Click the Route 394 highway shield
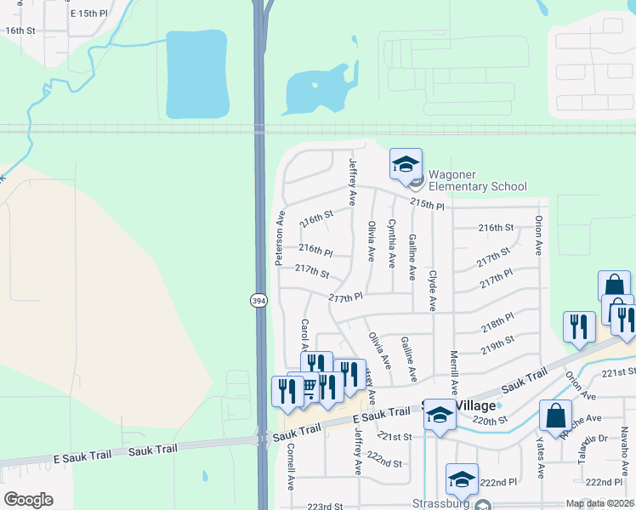tap(258, 300)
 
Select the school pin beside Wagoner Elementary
tap(406, 164)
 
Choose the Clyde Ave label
tap(433, 291)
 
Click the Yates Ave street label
tap(540, 458)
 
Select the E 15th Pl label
tap(90, 14)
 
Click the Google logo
tap(29, 500)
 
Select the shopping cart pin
tap(304, 388)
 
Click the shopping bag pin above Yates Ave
tap(555, 416)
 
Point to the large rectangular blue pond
tap(197, 75)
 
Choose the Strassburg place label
tap(441, 502)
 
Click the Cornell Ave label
tap(290, 466)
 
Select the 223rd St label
tap(326, 506)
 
